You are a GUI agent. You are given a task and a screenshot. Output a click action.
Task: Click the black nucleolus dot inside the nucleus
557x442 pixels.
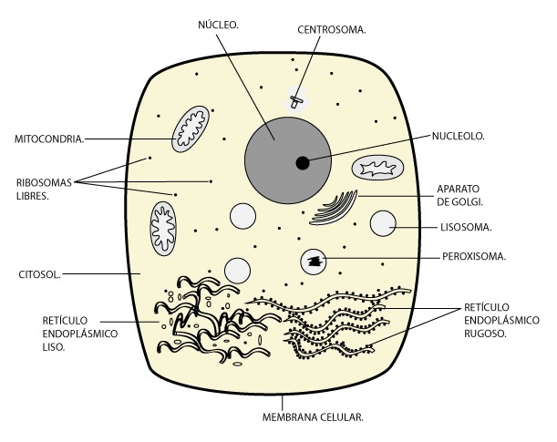click(302, 163)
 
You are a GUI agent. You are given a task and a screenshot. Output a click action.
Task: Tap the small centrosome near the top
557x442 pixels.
click(296, 98)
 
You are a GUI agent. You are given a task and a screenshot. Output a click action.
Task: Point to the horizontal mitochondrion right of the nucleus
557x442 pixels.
click(377, 167)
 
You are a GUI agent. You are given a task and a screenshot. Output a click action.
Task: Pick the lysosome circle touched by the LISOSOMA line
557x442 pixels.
click(383, 224)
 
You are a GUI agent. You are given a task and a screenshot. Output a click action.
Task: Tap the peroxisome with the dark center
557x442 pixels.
click(315, 262)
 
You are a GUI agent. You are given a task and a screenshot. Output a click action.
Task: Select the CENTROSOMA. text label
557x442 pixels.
click(332, 29)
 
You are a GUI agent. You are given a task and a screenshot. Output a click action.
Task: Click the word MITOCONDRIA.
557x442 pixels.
click(49, 139)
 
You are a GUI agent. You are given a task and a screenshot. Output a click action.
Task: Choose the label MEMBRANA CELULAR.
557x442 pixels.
click(313, 417)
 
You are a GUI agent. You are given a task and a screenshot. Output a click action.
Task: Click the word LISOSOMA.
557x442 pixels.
click(466, 227)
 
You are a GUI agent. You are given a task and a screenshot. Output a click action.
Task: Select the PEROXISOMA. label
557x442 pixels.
click(473, 256)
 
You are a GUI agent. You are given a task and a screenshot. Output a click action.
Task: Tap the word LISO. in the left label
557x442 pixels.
click(55, 347)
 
